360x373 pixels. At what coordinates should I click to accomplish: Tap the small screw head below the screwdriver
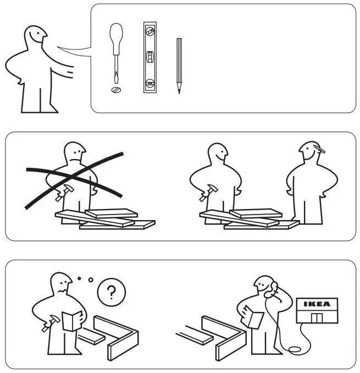click(116, 89)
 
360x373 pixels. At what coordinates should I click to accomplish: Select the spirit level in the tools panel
click(149, 57)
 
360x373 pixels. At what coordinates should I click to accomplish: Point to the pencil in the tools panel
click(179, 65)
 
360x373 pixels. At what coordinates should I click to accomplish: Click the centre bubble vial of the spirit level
click(149, 57)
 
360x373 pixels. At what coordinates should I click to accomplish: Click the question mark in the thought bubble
click(112, 292)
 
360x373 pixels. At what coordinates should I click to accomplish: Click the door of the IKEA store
click(317, 317)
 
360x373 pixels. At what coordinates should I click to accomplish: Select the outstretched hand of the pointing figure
click(69, 71)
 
